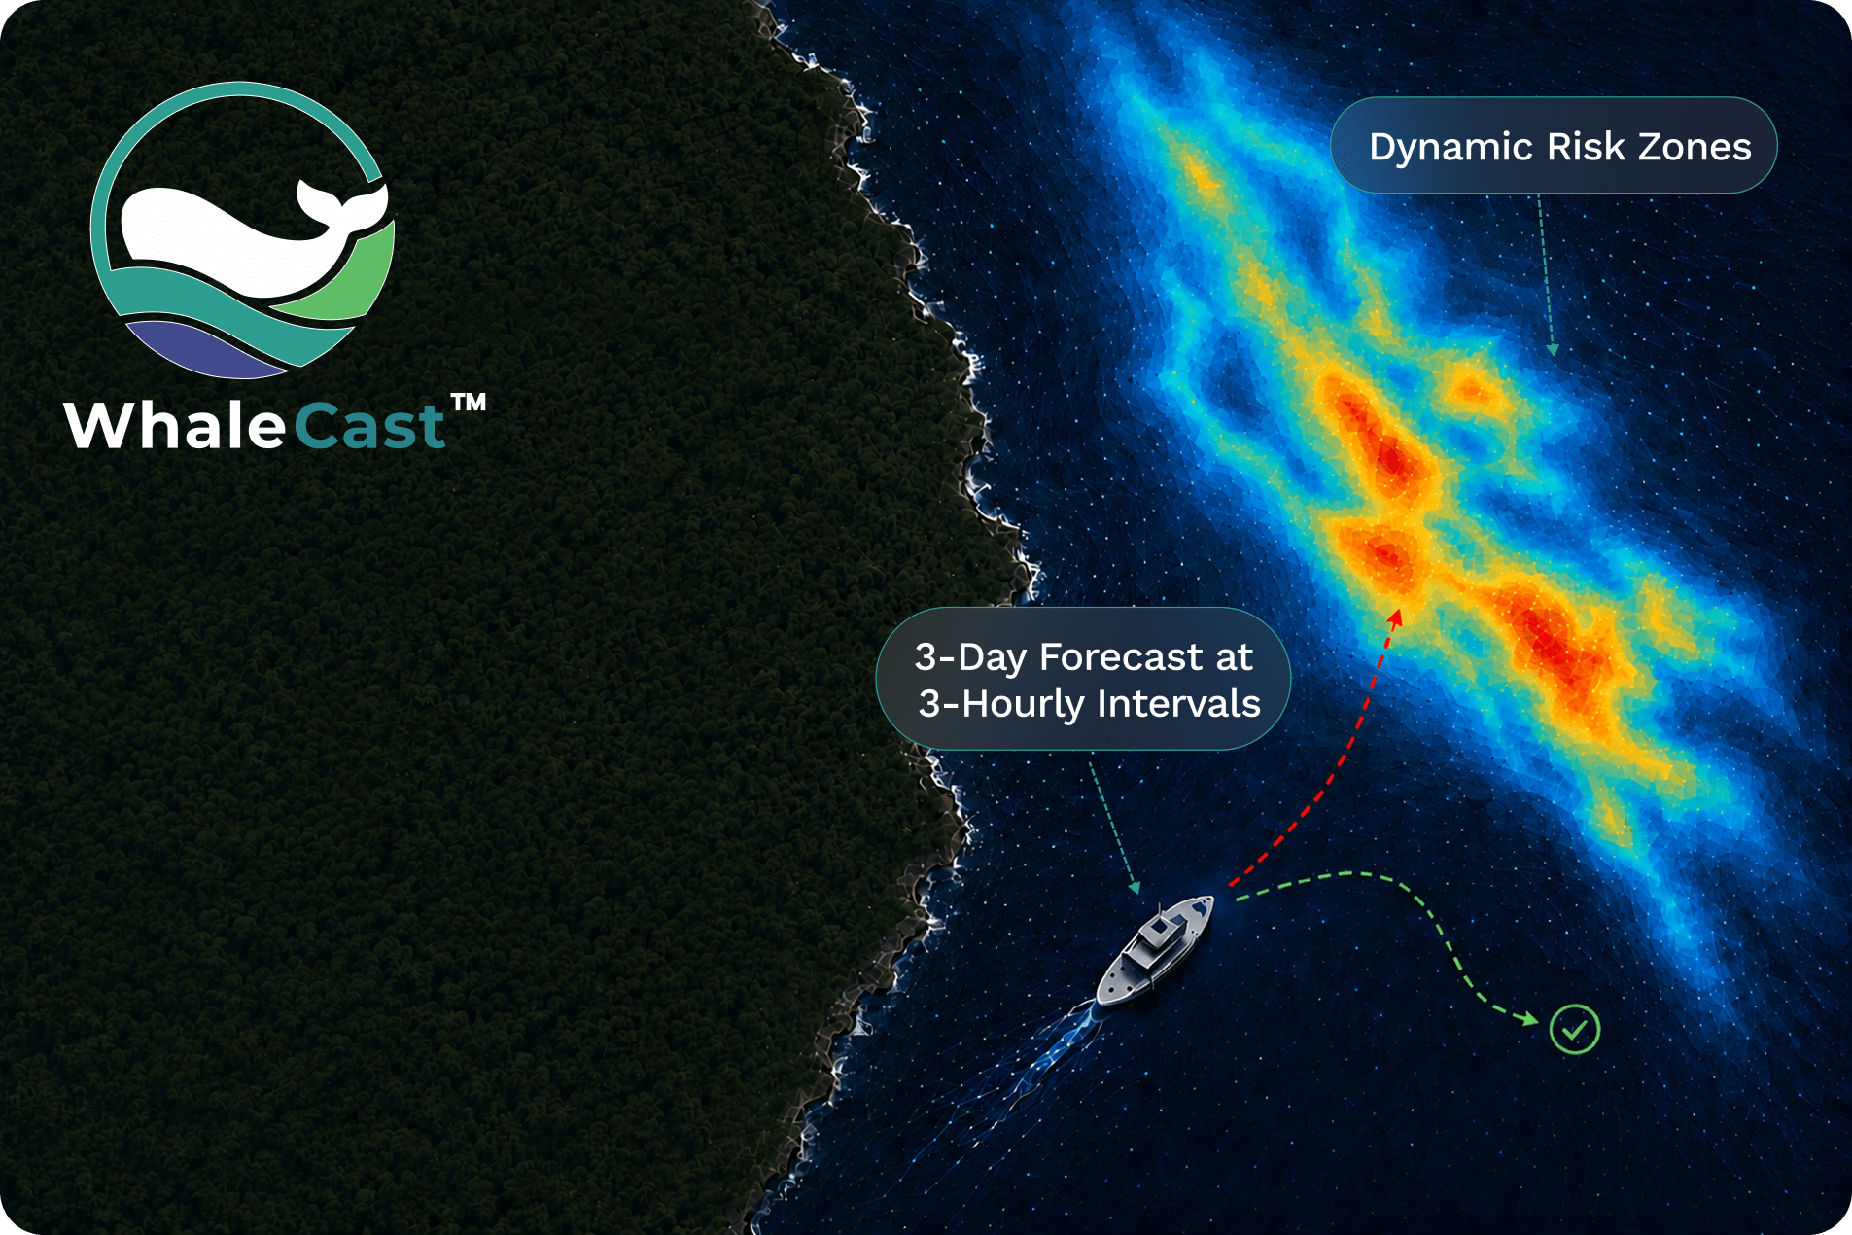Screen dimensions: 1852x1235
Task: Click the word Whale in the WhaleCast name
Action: [x=175, y=425]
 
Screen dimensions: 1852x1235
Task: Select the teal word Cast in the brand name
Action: [x=369, y=426]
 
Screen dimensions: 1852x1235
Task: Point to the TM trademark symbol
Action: [x=469, y=403]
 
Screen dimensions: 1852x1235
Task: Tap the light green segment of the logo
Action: [x=345, y=277]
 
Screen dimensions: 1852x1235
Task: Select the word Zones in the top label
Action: [x=1695, y=147]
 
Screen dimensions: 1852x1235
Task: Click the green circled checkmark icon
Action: [x=1575, y=1029]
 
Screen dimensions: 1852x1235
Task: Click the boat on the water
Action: [x=1156, y=951]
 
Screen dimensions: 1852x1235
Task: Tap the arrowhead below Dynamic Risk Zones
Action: [x=1553, y=350]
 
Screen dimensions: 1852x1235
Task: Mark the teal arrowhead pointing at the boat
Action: [x=1135, y=887]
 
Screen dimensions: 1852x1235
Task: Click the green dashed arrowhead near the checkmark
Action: [x=1531, y=1019]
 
